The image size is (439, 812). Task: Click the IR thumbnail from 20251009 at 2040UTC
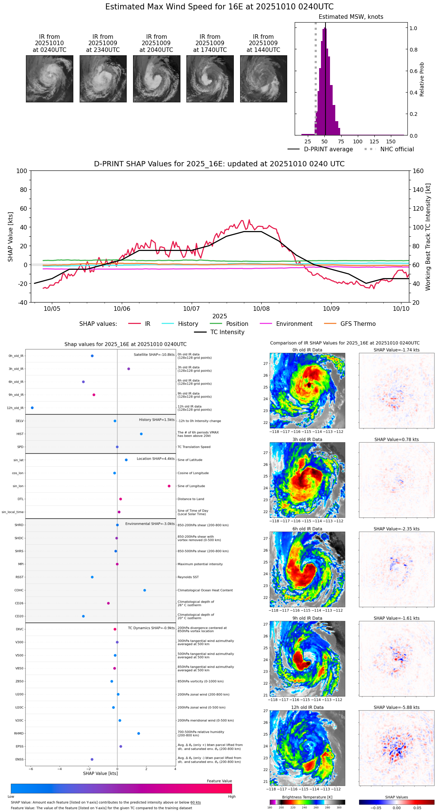156,79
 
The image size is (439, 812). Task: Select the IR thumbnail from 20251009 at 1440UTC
263,79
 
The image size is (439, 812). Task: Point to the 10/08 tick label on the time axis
261,309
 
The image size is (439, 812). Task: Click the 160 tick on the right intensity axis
418,171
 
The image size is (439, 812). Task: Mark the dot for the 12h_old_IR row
32,408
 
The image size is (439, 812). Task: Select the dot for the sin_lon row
169,486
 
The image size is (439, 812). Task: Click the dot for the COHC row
145,590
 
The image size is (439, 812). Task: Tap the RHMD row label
19,733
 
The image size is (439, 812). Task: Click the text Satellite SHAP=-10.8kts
154,355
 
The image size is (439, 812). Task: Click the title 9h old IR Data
307,618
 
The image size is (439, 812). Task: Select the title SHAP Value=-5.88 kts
397,707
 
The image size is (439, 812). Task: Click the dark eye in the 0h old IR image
309,385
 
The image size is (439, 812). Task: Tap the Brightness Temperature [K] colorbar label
307,797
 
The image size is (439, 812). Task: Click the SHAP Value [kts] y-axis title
11,237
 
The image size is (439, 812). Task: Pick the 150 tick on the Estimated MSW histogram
391,141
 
